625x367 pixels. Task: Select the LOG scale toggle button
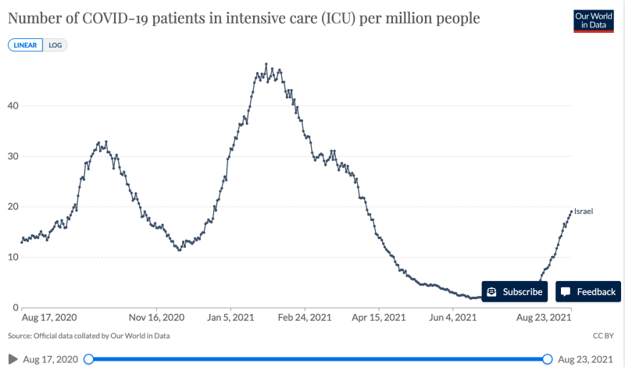coord(55,45)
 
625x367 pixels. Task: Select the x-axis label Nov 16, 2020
coord(156,318)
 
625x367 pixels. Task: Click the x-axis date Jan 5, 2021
coord(230,318)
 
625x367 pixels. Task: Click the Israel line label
coord(584,211)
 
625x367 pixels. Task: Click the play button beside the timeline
coord(13,358)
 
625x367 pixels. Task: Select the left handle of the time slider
coord(88,358)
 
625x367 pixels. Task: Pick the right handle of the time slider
coord(547,358)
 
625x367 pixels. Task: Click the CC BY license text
coord(604,336)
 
